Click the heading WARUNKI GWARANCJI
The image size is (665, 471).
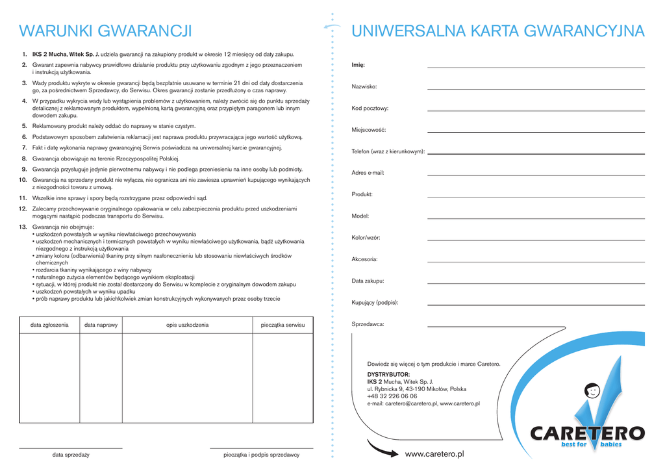(x=105, y=31)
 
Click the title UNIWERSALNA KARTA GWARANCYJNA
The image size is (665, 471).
(x=497, y=31)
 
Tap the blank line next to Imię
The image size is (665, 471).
(x=536, y=66)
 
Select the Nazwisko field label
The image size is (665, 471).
(x=364, y=86)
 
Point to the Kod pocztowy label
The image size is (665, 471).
(x=370, y=108)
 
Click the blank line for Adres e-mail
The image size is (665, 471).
(x=536, y=175)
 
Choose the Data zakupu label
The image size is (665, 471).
(x=368, y=281)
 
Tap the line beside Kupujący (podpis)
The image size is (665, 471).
(x=536, y=305)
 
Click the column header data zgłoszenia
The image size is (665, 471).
(x=49, y=325)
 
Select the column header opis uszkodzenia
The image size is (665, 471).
(x=187, y=325)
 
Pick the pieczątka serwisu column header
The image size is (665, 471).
(x=282, y=325)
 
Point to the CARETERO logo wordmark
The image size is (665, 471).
(x=587, y=433)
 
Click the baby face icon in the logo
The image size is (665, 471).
(x=592, y=391)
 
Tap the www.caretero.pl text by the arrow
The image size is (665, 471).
(x=434, y=453)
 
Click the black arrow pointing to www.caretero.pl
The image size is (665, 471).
(x=383, y=448)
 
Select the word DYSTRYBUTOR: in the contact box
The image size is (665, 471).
(x=388, y=375)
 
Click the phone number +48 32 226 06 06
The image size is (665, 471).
(x=392, y=396)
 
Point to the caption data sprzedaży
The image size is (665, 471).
(x=71, y=455)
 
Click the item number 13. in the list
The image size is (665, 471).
(x=23, y=227)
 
